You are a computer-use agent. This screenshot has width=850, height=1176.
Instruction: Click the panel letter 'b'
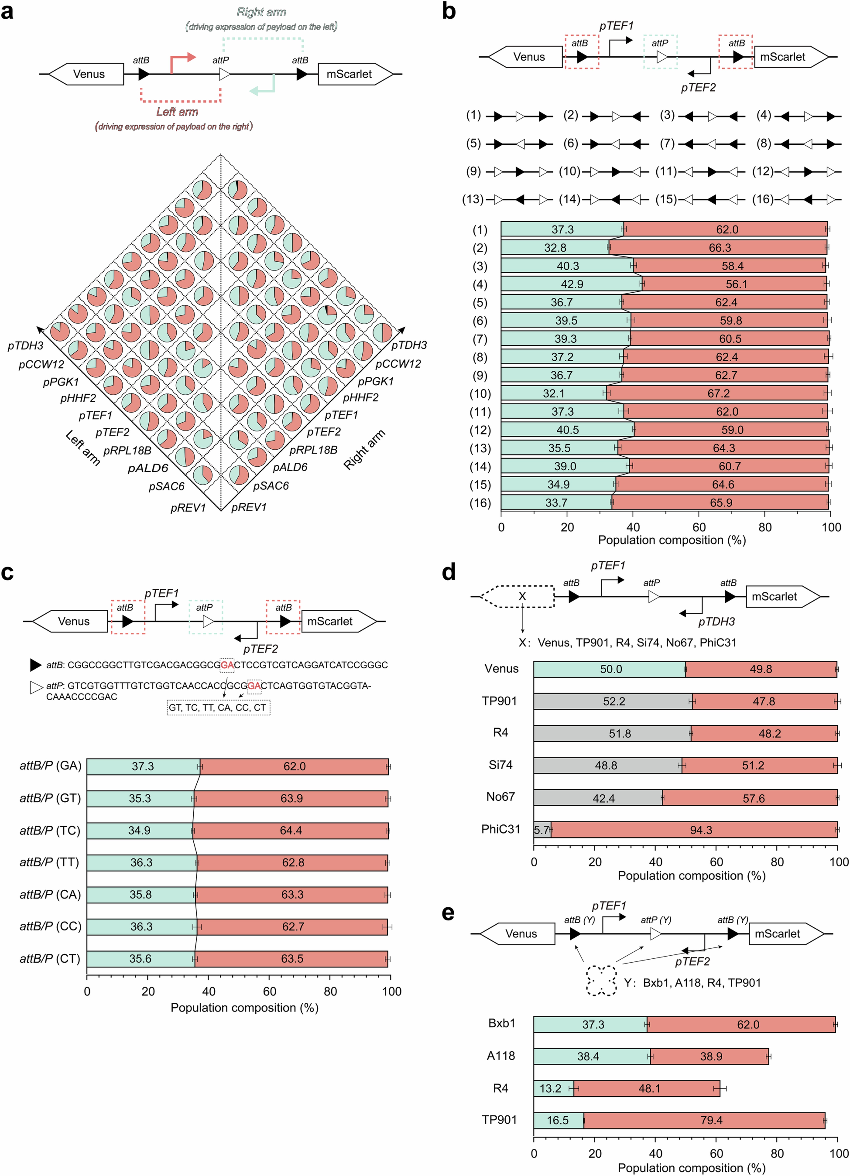449,11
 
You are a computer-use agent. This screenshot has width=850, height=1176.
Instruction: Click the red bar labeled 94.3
700,830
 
